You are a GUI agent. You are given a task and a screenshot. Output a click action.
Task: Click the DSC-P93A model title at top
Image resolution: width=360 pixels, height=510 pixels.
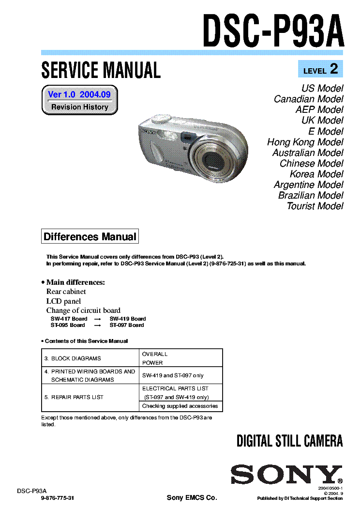[273, 31]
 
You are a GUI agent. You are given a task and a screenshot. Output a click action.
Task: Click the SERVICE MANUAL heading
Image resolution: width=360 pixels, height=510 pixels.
[101, 71]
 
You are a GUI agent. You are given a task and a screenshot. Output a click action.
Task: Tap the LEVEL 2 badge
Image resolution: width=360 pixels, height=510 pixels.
[320, 70]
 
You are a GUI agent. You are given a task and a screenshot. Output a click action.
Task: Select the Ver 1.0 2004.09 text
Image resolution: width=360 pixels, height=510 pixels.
[79, 94]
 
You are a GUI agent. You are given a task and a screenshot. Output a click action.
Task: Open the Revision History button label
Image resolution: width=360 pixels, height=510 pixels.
[80, 107]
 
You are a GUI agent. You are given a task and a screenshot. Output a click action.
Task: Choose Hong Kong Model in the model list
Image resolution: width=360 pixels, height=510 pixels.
[305, 142]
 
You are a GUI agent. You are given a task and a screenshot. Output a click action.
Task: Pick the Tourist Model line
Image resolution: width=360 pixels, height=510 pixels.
[315, 206]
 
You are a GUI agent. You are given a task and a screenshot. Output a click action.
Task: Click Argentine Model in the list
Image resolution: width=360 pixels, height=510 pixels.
[308, 185]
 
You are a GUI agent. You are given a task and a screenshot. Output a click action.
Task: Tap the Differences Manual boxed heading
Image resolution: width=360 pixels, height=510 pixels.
[90, 237]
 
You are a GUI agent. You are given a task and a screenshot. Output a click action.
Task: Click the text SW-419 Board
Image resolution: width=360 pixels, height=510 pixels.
[128, 319]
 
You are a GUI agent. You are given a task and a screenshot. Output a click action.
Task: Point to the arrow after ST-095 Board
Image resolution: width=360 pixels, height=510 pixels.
[97, 325]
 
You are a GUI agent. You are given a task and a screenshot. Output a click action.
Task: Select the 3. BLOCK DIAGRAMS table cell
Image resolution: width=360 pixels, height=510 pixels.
[90, 358]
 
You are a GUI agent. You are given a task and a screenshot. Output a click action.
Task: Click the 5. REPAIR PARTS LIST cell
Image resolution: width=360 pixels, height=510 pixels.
[90, 397]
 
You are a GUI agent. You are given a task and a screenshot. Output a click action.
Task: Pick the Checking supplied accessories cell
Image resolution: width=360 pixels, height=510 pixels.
[180, 406]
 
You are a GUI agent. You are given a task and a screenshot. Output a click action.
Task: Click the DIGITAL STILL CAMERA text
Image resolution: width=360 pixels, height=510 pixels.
[289, 441]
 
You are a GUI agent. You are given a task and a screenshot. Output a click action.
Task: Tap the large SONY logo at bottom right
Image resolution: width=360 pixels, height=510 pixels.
[285, 474]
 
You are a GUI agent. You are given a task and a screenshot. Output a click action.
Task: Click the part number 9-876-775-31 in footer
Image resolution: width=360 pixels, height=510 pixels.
[58, 498]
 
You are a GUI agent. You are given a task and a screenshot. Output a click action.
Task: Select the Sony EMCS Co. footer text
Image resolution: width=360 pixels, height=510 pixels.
[192, 498]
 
